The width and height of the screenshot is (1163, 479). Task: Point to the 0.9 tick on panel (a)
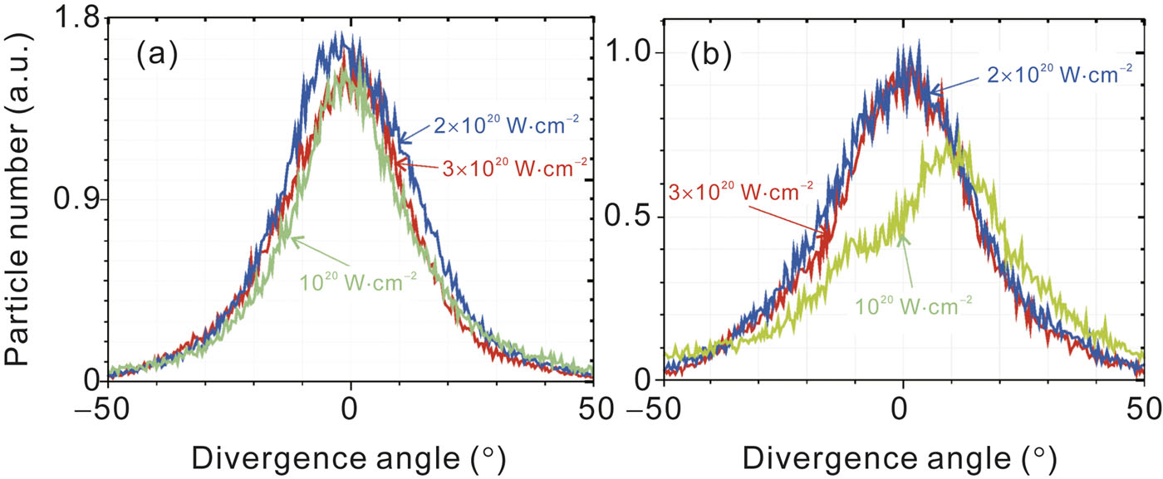[73, 199]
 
